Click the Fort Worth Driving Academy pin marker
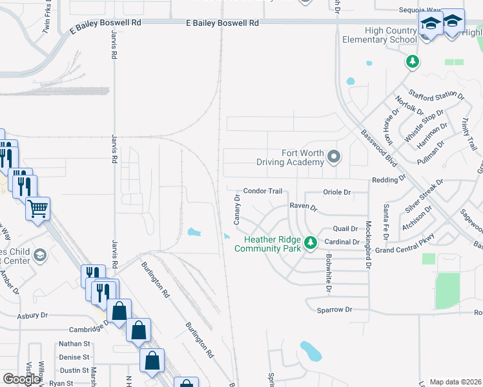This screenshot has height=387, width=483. [334, 156]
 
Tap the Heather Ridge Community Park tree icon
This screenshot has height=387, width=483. [311, 243]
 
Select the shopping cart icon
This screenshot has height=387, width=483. [38, 208]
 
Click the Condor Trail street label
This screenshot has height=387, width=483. [263, 192]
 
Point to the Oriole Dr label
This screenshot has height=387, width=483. [337, 192]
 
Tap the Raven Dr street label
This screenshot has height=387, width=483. [303, 207]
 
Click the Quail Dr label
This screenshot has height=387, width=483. [345, 229]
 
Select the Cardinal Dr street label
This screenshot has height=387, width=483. [342, 242]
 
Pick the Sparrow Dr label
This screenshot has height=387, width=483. [334, 310]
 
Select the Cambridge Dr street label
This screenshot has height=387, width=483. [81, 328]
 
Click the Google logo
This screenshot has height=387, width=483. [22, 379]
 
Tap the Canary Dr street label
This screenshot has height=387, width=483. [237, 213]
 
